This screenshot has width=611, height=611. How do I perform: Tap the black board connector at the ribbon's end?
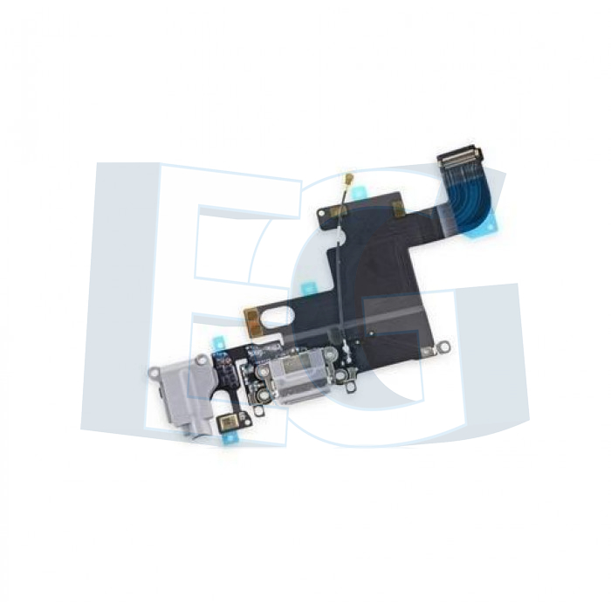pyautogui.click(x=460, y=156)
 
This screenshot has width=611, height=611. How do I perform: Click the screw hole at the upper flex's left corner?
pyautogui.click(x=322, y=213)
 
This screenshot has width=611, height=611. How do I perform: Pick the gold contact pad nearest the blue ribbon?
pyautogui.click(x=398, y=209)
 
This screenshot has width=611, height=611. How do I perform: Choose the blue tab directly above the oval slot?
pyautogui.click(x=308, y=289)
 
